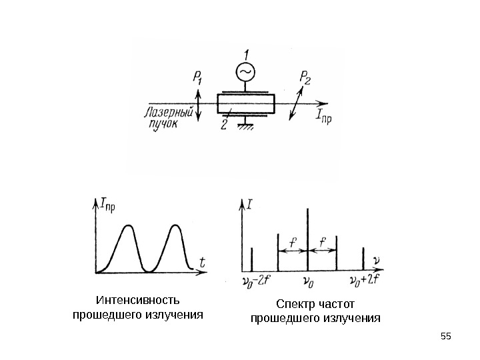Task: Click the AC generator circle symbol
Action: coord(245,71)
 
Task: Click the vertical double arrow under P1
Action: coord(198,106)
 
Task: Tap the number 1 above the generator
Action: coord(246,53)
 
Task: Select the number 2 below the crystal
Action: coord(224,123)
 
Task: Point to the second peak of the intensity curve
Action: coord(175,227)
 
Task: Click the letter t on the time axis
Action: coord(202,263)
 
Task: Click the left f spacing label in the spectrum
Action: coord(292,241)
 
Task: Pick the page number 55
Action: coord(446,335)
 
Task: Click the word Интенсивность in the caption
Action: coord(138,300)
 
